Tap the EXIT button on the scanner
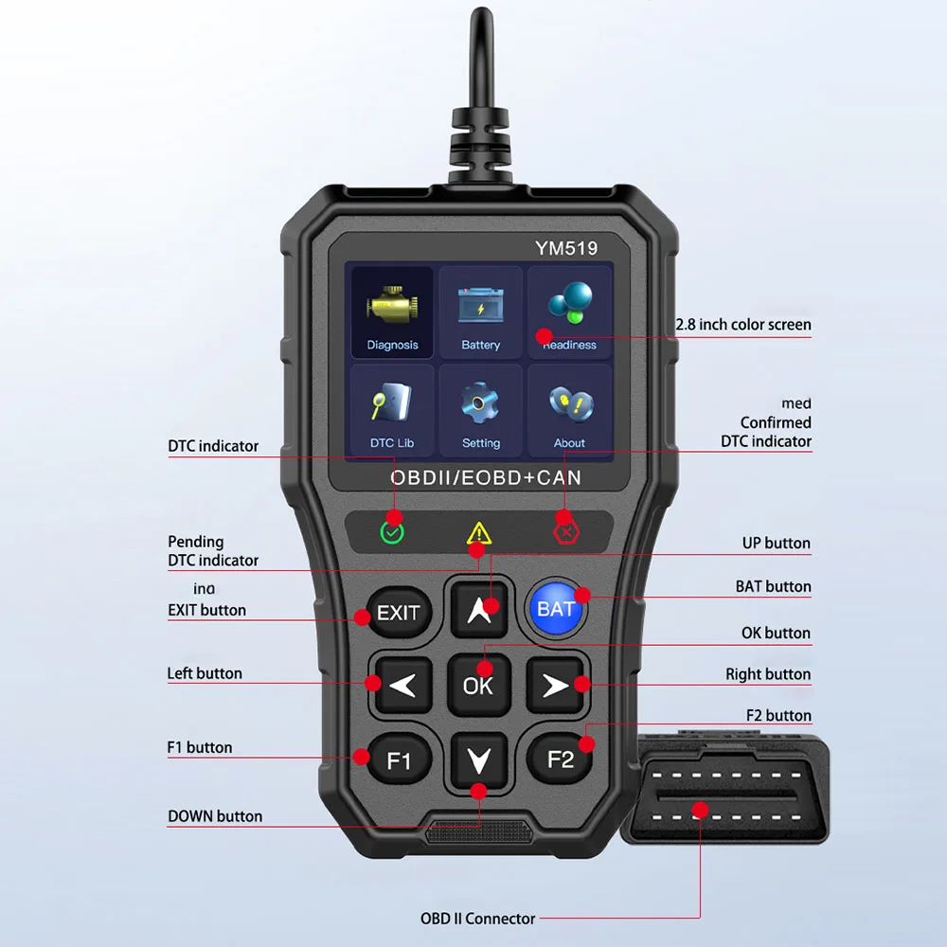397,613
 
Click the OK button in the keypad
478,683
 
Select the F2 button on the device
561,759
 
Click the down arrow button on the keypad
479,758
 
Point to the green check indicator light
392,531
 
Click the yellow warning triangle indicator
478,532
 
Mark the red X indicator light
565,531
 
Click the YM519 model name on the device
566,248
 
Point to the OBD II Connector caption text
477,919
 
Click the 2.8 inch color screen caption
743,325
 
